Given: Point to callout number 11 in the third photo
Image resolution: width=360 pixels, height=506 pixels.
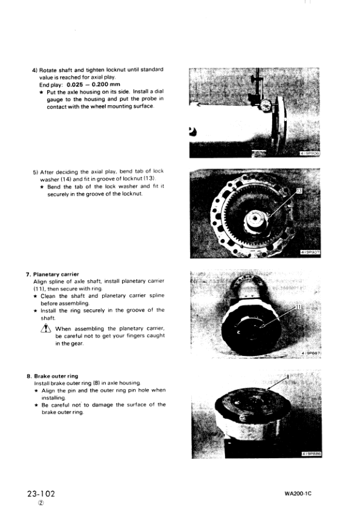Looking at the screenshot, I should coord(298,307).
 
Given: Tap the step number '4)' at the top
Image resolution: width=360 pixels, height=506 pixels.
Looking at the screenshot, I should coord(35,70).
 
